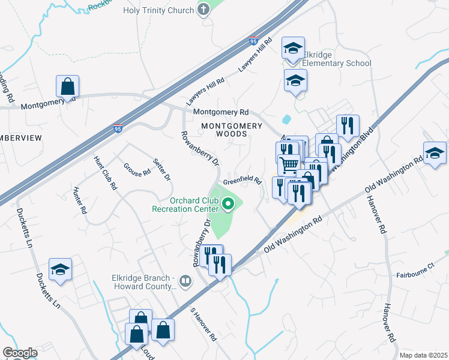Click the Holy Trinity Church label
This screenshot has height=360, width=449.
click(x=158, y=10)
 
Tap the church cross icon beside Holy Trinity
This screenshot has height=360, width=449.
click(x=204, y=10)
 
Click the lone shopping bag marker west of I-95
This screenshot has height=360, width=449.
click(x=68, y=86)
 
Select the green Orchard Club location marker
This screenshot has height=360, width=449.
click(x=228, y=205)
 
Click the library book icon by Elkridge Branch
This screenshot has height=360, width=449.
click(x=187, y=281)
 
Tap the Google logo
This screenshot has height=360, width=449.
click(x=20, y=353)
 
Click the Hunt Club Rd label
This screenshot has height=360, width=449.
click(x=104, y=173)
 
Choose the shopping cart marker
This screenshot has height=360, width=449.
click(x=289, y=164)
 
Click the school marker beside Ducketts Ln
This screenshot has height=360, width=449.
click(x=60, y=270)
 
